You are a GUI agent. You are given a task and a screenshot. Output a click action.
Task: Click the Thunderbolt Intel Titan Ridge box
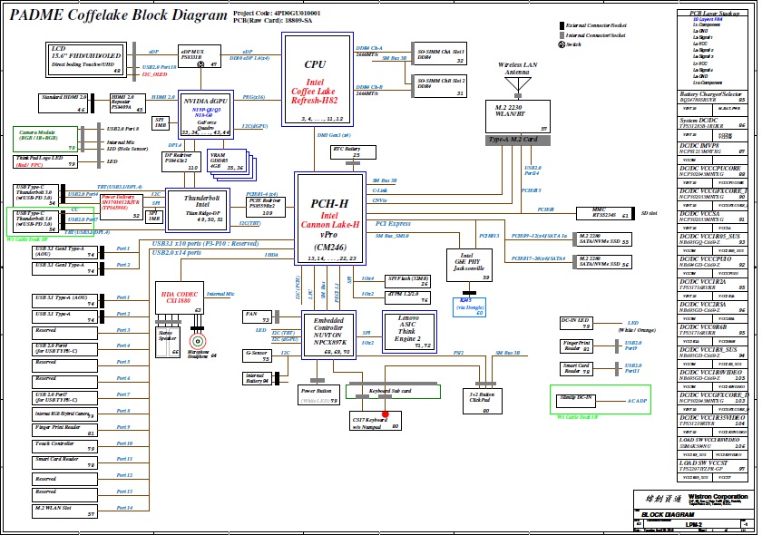pyautogui.click(x=202, y=207)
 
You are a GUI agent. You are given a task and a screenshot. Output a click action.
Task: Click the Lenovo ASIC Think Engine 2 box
pyautogui.click(x=410, y=331)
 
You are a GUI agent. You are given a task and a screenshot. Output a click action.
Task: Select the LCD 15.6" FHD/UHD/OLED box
pyautogui.click(x=83, y=57)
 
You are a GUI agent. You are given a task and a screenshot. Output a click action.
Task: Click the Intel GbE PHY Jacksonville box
pyautogui.click(x=469, y=266)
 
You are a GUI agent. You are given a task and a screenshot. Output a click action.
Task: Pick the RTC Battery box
pyautogui.click(x=347, y=153)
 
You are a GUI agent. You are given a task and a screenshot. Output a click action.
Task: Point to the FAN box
pyautogui.click(x=258, y=316)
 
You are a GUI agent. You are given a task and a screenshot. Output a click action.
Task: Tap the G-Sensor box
pyautogui.click(x=258, y=355)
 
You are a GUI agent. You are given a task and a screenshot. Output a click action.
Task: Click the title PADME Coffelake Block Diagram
pyautogui.click(x=119, y=15)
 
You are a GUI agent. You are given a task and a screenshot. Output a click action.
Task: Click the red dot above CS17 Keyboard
pyautogui.click(x=385, y=414)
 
